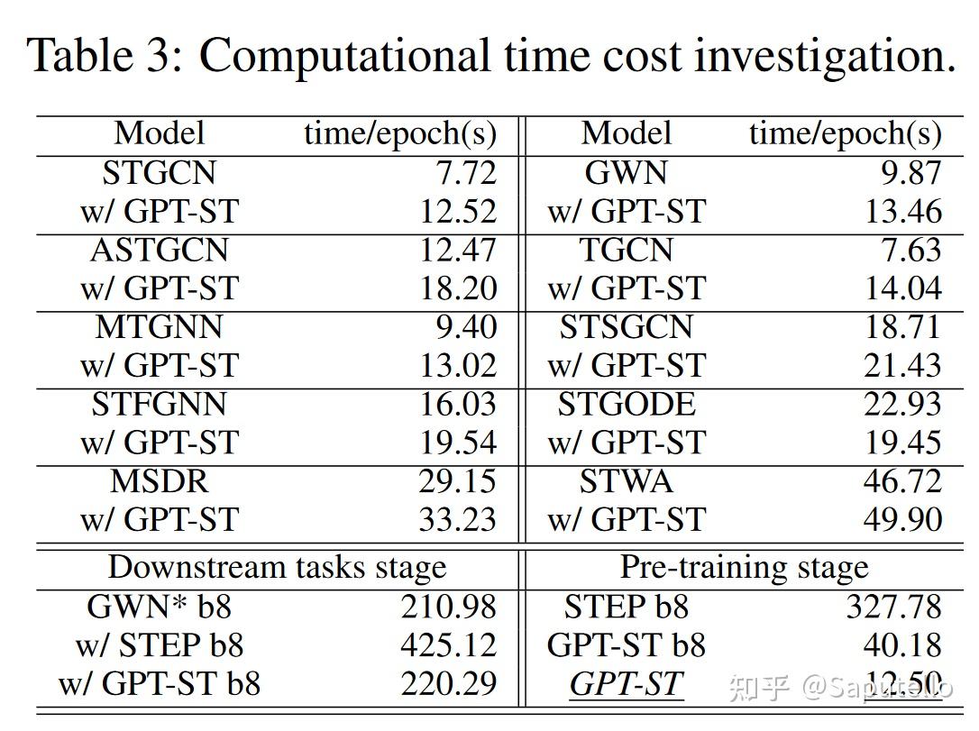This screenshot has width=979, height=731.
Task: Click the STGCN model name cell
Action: [159, 172]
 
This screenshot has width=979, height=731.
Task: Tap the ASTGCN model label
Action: [159, 250]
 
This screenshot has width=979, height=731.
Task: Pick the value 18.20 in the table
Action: [457, 288]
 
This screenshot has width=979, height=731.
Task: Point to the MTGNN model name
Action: [159, 326]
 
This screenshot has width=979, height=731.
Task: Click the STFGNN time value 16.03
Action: [457, 404]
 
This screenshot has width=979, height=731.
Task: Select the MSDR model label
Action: [159, 481]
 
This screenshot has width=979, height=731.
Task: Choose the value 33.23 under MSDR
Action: [457, 520]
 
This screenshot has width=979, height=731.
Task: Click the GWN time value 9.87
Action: [910, 172]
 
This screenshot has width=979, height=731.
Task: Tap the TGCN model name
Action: [626, 250]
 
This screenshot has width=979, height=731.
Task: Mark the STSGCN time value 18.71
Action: [902, 326]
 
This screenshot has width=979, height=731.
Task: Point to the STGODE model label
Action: [626, 404]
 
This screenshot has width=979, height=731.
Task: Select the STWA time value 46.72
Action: [902, 481]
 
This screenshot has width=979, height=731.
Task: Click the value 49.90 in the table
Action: [902, 520]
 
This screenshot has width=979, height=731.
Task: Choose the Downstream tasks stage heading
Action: [277, 567]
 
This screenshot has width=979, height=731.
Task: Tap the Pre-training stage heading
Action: [744, 567]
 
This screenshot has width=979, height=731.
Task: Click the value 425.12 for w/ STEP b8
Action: [449, 645]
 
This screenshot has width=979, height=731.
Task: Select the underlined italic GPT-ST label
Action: [626, 684]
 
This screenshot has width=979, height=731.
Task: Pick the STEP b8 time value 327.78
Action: [893, 607]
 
